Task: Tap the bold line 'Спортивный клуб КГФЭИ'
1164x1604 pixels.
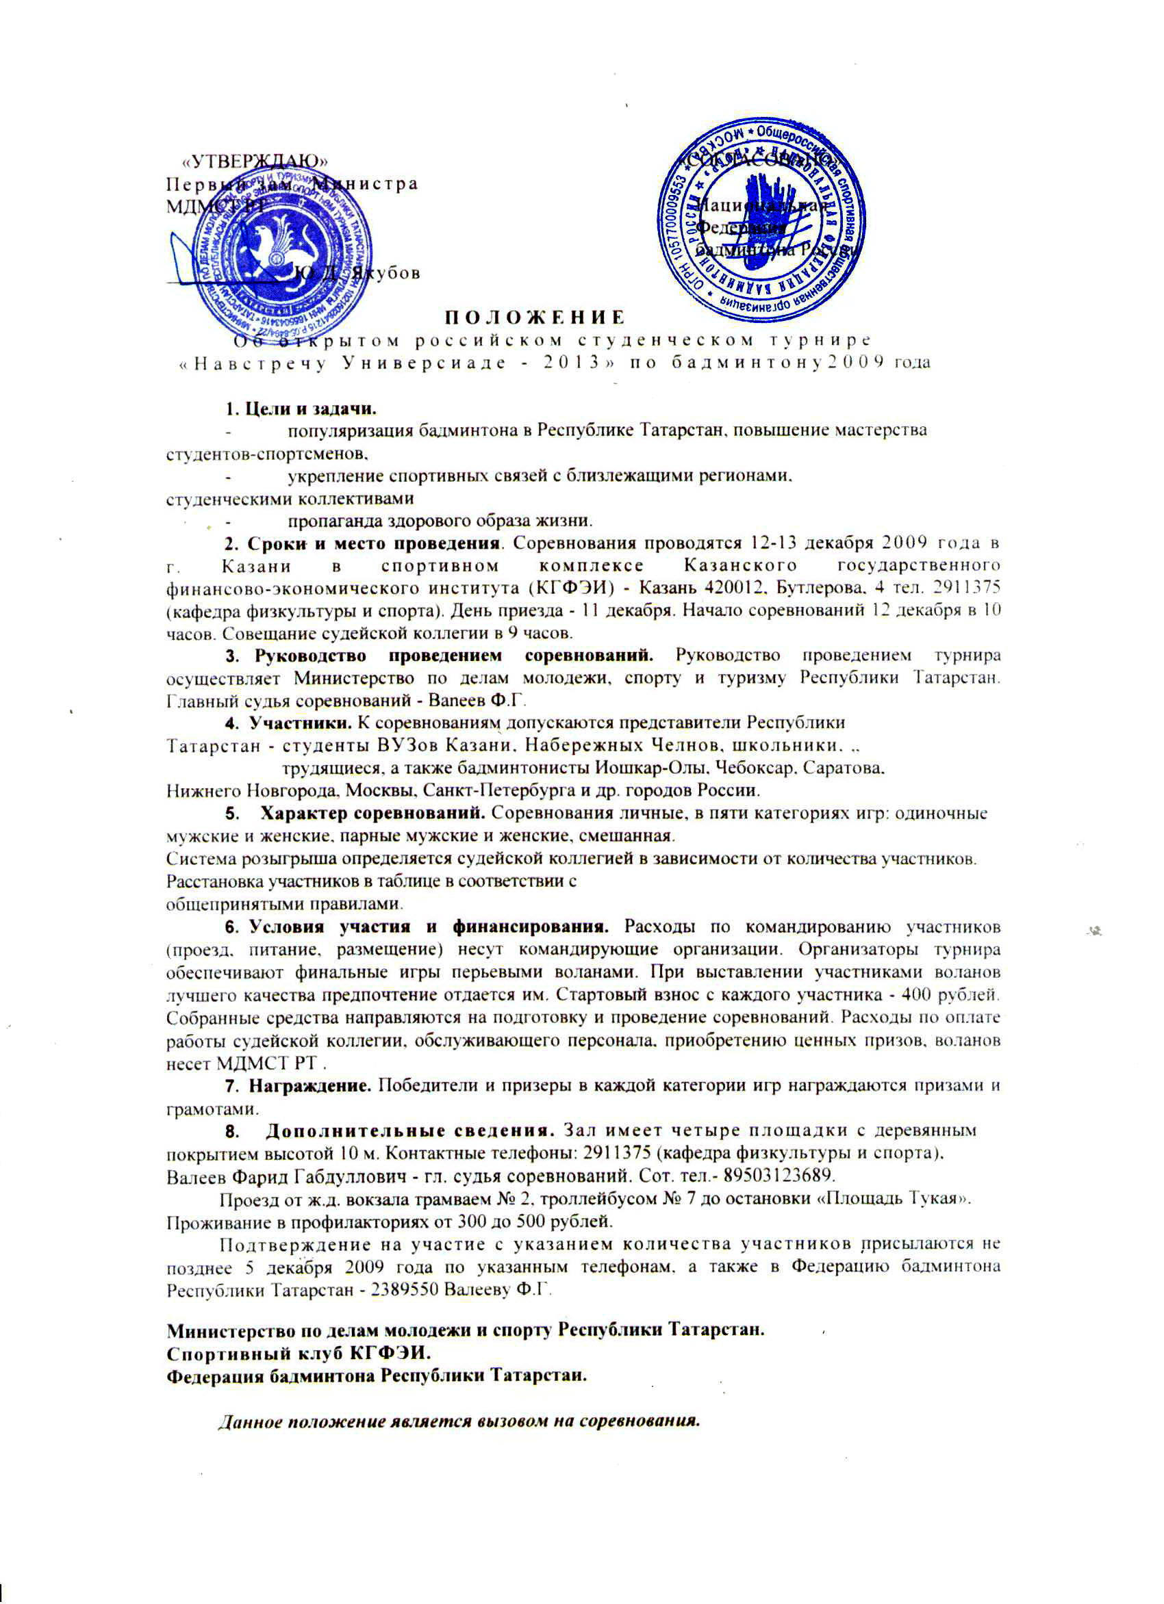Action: (x=297, y=1353)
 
